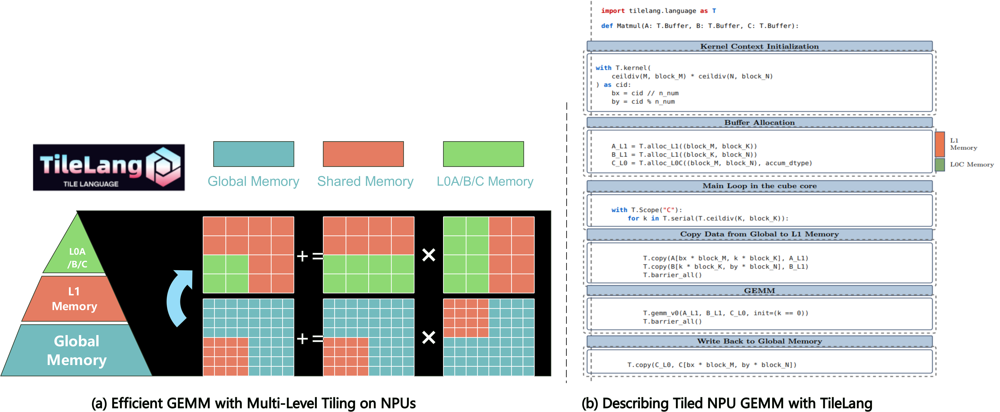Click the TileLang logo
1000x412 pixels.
(x=109, y=167)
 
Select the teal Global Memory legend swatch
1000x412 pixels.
(x=253, y=154)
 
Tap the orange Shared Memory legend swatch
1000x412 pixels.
(x=363, y=154)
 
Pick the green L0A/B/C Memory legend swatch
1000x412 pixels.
(x=483, y=154)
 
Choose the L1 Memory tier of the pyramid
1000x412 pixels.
(x=75, y=299)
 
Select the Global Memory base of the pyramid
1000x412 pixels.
(x=76, y=350)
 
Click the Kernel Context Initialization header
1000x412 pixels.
(x=759, y=46)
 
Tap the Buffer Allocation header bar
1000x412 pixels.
(x=759, y=122)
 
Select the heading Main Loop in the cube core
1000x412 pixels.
(x=759, y=186)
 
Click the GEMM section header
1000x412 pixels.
(x=759, y=291)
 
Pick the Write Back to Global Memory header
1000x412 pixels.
(x=759, y=341)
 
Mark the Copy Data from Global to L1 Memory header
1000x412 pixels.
(x=759, y=234)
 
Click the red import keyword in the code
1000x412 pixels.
(x=613, y=11)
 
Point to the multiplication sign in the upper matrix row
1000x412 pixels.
(x=429, y=255)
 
